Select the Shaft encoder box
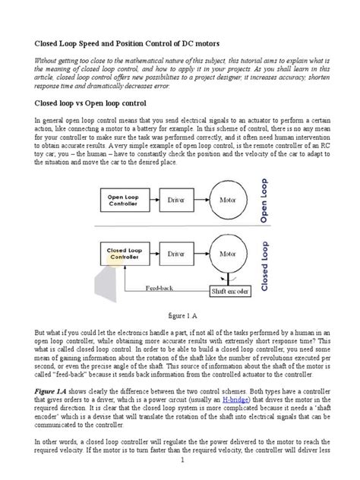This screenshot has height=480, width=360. point(228,291)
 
